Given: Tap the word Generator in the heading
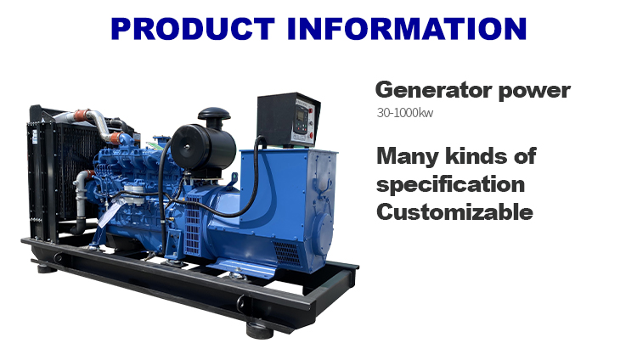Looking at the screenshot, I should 427,91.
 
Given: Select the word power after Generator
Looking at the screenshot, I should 529,91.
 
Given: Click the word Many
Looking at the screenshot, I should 411,156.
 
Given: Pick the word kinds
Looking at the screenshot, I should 483,156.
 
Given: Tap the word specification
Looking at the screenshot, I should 450,184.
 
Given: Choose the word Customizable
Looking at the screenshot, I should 454,211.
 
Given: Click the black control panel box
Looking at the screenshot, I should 289,120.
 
